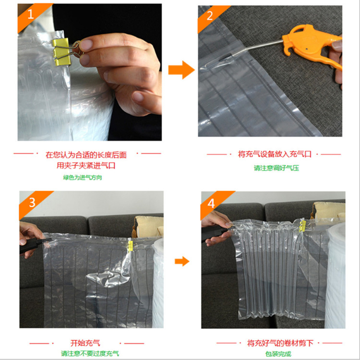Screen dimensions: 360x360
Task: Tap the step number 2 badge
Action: click(x=209, y=16)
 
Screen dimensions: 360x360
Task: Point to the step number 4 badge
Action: click(x=212, y=203)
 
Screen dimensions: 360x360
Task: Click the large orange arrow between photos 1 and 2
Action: click(x=181, y=70)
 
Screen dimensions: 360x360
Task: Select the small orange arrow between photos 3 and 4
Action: click(x=182, y=261)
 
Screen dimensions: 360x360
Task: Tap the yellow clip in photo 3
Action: click(x=130, y=246)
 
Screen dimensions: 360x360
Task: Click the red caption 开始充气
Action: click(x=85, y=343)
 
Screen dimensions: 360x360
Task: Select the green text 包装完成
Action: click(x=278, y=354)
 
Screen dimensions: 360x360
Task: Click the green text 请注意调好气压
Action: click(x=276, y=168)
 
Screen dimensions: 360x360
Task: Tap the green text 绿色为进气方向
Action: click(x=83, y=178)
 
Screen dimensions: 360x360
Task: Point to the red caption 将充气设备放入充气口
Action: click(x=275, y=154)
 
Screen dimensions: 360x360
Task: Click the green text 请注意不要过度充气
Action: click(x=90, y=353)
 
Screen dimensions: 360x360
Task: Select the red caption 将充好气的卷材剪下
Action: click(x=280, y=343)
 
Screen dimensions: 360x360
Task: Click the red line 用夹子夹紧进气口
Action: click(x=86, y=165)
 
